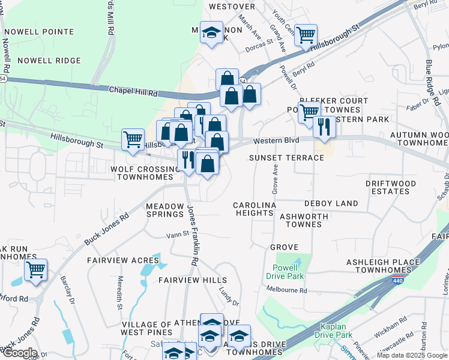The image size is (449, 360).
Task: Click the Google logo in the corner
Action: coord(19,353)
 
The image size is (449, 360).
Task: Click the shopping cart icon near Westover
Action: coord(306,35)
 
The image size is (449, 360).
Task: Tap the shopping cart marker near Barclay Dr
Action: coord(36,270)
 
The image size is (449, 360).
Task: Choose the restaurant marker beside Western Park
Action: coord(324,127)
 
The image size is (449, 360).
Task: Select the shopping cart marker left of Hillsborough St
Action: coord(133,139)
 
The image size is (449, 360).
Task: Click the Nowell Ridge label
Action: coord(49,61)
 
